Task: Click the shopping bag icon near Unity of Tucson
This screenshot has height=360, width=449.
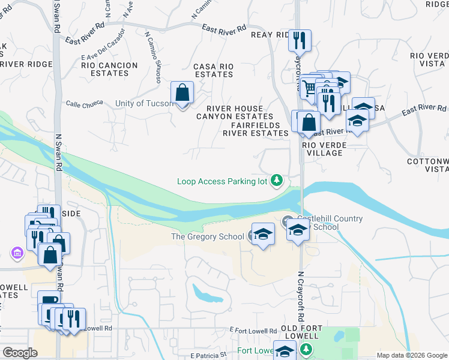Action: point(182,94)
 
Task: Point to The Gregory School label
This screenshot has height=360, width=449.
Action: point(208,236)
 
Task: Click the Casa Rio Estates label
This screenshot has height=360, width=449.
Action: point(213,70)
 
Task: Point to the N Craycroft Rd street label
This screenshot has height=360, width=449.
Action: point(300,294)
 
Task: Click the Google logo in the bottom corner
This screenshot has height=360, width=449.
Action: point(20,353)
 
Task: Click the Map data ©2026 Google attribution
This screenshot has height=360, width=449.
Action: point(411,355)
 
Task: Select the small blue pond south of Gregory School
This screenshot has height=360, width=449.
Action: point(207,294)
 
